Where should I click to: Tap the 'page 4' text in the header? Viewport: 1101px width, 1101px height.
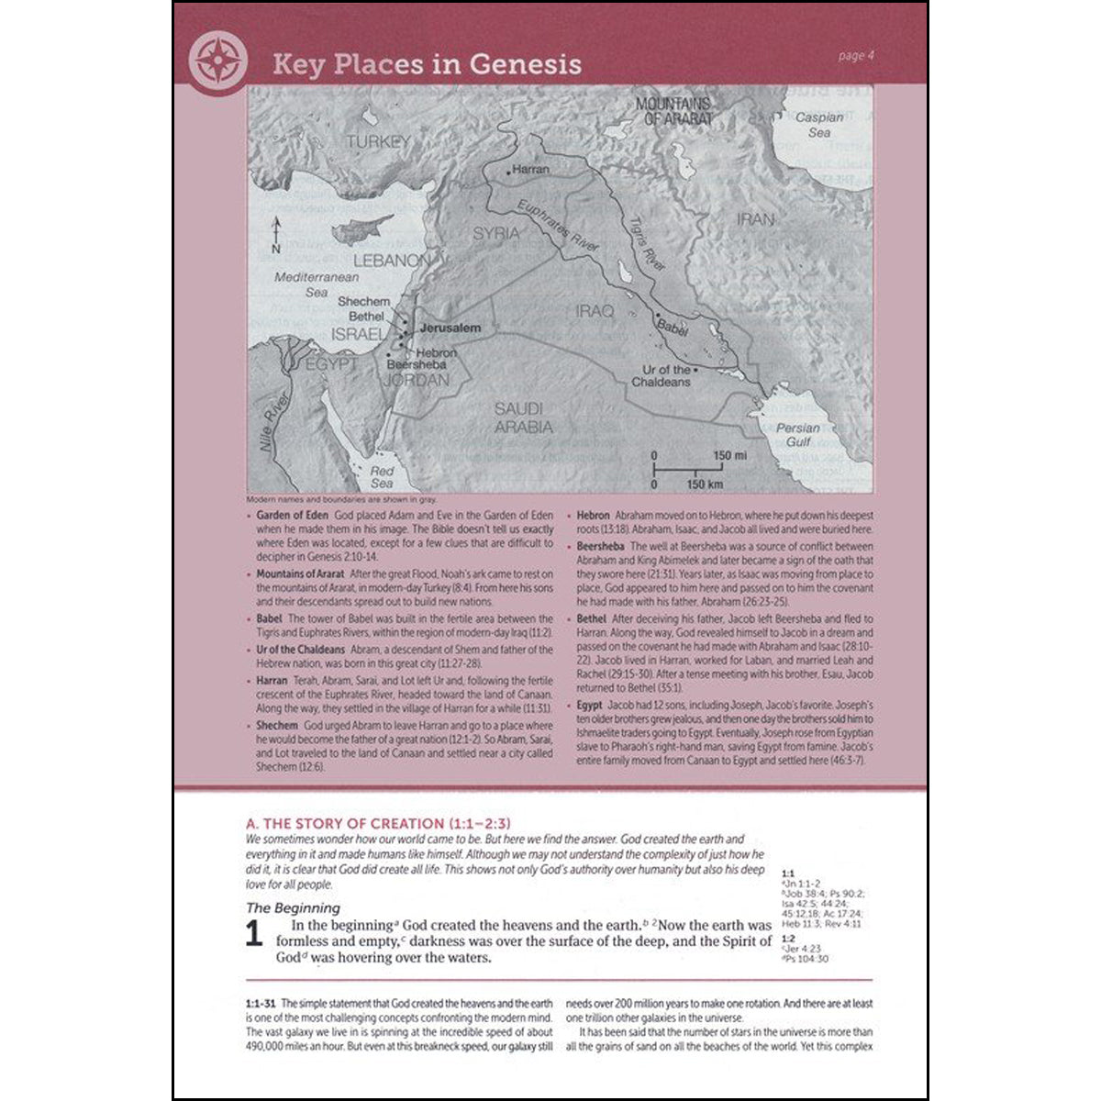pos(857,56)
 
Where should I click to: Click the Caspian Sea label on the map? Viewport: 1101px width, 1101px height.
pos(818,125)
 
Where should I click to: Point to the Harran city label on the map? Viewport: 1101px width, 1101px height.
pos(530,170)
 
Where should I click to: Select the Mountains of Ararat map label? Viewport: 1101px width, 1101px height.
pos(673,111)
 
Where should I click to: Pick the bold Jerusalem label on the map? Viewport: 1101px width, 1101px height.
pos(450,328)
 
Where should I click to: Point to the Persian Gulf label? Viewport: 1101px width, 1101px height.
pos(797,434)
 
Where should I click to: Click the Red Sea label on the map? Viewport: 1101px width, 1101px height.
pos(382,477)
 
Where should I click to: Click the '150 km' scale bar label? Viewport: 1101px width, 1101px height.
pos(704,484)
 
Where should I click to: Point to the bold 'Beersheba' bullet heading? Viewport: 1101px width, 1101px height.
pos(601,547)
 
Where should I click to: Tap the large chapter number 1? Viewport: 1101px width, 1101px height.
pos(254,935)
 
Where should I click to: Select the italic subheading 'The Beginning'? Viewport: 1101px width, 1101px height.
pos(294,908)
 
